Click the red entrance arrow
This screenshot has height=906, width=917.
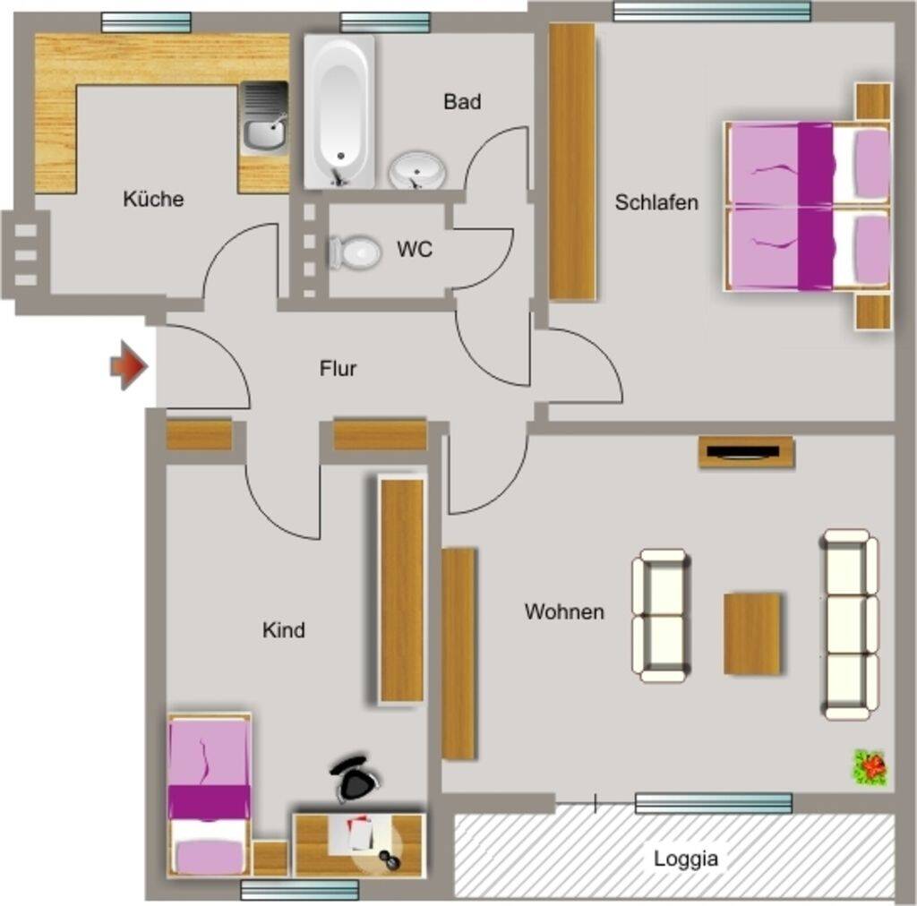(129, 366)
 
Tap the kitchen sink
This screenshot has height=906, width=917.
(264, 118)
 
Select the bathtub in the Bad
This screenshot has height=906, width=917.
(339, 112)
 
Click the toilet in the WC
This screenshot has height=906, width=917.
(355, 252)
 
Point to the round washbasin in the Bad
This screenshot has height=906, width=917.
(417, 170)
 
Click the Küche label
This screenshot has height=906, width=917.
(153, 199)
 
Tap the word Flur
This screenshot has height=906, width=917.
(338, 368)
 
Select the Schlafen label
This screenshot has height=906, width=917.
(656, 202)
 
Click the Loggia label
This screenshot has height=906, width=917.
(685, 858)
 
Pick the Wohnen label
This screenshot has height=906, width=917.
(564, 611)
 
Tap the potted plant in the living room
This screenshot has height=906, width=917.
(870, 767)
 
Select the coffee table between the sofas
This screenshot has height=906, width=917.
(752, 634)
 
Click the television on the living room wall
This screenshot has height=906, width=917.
(746, 452)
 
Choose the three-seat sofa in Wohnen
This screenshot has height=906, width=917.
(851, 624)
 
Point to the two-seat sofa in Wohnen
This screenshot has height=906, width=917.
(661, 616)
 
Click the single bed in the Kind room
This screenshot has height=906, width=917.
(210, 795)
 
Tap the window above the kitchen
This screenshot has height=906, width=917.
(146, 22)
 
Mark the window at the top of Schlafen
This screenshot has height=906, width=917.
(712, 12)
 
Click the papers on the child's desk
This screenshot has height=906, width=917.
(360, 833)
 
